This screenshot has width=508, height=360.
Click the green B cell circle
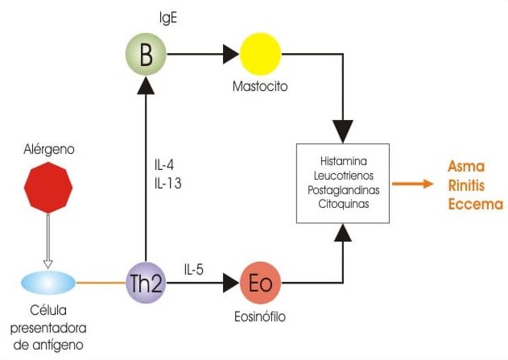coord(146,54)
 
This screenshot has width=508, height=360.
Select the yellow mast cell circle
coord(260,54)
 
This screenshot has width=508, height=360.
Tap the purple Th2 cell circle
coord(146,283)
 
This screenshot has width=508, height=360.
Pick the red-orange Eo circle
coord(260,283)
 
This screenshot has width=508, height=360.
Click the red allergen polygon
coord(48,188)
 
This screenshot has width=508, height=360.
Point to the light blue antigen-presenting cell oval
coord(48,283)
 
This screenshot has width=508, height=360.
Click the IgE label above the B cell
coord(168,19)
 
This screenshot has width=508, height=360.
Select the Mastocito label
coord(260,86)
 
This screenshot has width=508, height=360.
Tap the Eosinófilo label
coord(260,317)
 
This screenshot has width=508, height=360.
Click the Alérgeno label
coord(49,149)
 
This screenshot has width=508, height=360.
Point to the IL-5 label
coord(194,269)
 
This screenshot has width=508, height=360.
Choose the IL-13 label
coord(167,184)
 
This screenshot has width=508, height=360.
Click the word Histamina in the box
coord(344,161)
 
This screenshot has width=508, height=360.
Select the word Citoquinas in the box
coord(344,204)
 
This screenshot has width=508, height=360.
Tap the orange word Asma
coord(466,167)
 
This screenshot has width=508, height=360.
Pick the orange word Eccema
coord(476,205)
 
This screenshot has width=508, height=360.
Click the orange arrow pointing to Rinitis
coord(413,184)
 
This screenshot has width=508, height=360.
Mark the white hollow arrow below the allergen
coord(48,242)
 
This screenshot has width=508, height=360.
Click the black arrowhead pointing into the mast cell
coord(231,54)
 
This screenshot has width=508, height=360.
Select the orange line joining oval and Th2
coord(101,283)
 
